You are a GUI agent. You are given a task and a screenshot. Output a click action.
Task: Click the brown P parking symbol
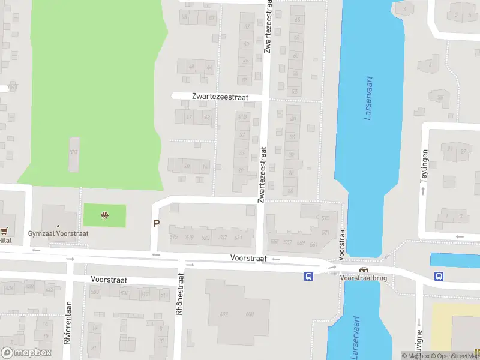pos(157,224)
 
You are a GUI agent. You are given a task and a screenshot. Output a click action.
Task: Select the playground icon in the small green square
pos(105,215)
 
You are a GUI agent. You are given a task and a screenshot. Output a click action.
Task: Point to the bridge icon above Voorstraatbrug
pos(363,269)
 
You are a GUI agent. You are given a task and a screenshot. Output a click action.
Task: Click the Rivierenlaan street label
pos(68,322)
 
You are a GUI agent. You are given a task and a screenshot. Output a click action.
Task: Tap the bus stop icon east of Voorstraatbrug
pos(439,276)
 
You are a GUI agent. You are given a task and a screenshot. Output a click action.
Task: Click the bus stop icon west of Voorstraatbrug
pos(308,276)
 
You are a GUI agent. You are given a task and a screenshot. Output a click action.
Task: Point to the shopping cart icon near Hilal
pos(5,230)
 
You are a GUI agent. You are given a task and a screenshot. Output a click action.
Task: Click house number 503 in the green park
pos(74,152)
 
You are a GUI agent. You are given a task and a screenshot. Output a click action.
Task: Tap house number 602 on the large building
pos(224,314)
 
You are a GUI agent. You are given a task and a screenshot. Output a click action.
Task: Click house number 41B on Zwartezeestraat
pos(242,117)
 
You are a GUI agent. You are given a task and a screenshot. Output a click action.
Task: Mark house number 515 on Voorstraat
pos(174,238)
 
